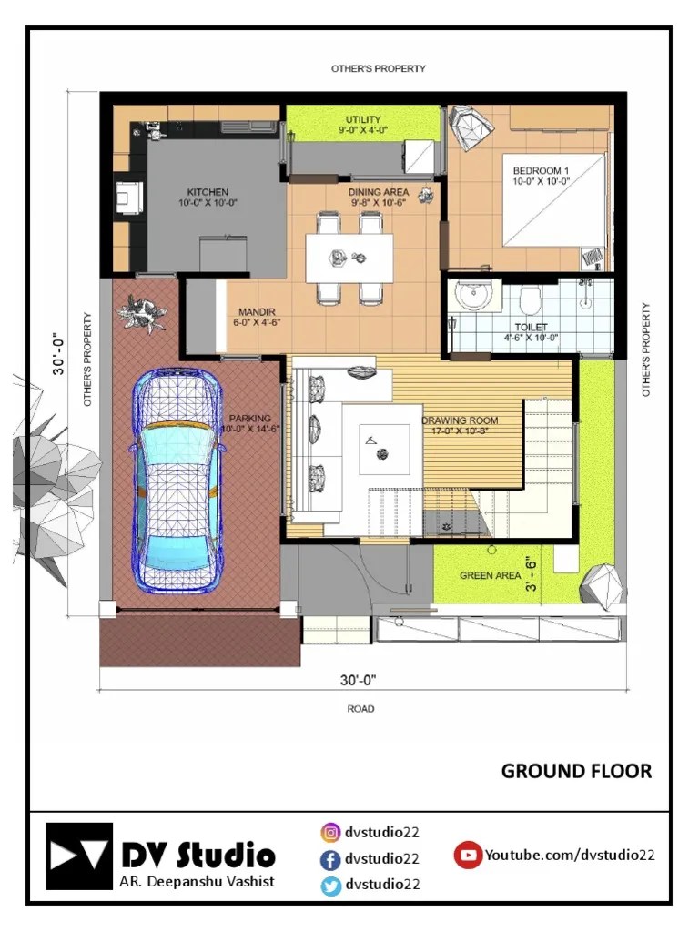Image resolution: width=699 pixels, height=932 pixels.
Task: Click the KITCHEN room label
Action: point(208,192)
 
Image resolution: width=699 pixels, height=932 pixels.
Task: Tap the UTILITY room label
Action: point(363,119)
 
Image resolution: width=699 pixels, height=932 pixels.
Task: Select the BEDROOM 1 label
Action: point(541,170)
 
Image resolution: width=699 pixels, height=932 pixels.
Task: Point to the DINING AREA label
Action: point(379,192)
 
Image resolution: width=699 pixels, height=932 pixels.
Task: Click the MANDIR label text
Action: point(257,312)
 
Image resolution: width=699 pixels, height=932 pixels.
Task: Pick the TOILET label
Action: point(531,328)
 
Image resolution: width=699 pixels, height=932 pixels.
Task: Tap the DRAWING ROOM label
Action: point(460,420)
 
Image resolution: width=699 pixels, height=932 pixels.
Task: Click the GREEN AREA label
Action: point(490,575)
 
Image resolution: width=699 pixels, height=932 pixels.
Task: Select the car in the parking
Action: point(177,481)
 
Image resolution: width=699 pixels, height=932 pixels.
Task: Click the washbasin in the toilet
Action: point(473,296)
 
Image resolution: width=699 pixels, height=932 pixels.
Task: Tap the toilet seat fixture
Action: point(530,299)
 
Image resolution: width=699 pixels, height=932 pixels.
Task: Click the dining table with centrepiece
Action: point(349,258)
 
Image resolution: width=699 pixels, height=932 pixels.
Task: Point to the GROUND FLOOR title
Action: point(576,771)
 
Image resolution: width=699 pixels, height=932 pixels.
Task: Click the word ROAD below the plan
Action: point(360,708)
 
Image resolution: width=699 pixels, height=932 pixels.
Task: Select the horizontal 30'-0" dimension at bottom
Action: point(358,680)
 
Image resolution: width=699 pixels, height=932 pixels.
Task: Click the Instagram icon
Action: point(330,832)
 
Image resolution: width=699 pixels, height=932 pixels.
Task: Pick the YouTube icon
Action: point(468,855)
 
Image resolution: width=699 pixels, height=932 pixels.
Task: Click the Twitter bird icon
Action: point(330,885)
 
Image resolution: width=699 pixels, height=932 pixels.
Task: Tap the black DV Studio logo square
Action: point(79,856)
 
